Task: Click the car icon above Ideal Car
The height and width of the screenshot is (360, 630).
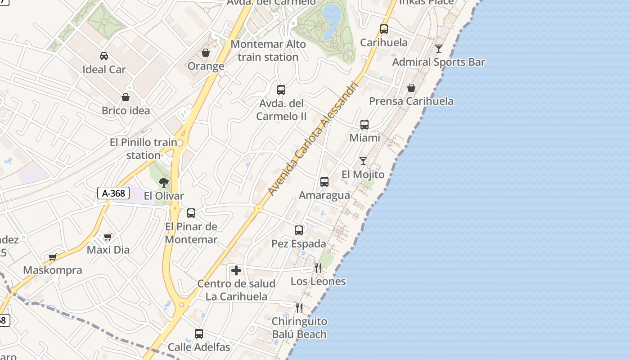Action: [104, 56]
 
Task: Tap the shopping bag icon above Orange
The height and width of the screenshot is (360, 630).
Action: [206, 53]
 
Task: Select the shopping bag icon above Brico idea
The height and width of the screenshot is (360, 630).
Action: [126, 97]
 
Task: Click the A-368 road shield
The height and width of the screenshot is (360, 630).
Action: [113, 193]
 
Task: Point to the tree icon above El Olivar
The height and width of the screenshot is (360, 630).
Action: [164, 182]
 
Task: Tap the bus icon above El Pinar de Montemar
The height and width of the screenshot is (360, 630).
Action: [191, 213]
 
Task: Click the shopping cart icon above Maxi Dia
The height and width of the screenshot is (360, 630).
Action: [108, 236]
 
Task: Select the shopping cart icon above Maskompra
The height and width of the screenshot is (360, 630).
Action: [53, 257]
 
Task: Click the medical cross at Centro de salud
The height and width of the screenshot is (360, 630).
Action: [236, 270]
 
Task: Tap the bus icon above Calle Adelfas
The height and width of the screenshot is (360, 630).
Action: [199, 334]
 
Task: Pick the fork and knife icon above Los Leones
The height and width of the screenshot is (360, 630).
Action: [318, 268]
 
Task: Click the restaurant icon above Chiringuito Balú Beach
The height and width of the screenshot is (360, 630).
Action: [299, 308]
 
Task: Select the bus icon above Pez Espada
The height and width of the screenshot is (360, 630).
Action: [299, 230]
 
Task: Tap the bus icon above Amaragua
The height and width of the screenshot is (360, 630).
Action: [324, 182]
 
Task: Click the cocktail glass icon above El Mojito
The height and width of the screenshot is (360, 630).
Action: [363, 161]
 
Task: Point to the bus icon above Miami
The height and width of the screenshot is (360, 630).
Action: [364, 124]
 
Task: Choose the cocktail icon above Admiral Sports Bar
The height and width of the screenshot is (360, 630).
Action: [439, 48]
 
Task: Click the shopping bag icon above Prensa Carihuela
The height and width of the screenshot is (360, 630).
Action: [411, 87]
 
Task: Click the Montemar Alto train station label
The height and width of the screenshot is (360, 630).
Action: [268, 50]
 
